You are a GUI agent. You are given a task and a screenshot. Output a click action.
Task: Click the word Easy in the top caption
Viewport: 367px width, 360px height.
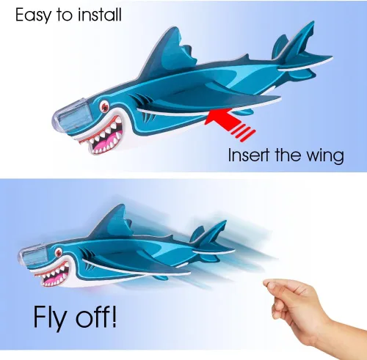34,15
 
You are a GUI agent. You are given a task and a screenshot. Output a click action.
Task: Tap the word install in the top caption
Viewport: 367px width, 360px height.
100,15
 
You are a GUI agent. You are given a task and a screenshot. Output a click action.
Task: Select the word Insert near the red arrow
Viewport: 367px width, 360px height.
249,155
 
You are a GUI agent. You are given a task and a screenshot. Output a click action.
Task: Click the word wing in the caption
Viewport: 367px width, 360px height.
325,156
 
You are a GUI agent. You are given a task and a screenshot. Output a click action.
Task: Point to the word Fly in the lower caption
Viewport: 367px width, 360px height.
50,317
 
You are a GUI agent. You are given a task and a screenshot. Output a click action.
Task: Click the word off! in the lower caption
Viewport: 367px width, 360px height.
96,315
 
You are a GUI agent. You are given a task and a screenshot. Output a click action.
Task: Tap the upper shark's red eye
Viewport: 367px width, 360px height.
105,106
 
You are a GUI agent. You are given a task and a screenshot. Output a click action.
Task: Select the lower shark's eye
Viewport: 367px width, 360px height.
59,252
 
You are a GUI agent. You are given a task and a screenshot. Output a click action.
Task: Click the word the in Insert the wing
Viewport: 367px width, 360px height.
288,155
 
